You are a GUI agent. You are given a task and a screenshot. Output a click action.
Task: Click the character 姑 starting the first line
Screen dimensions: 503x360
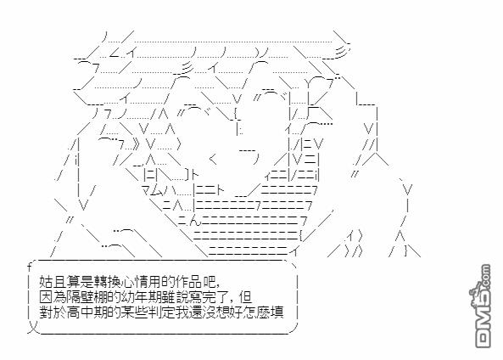pyautogui.click(x=46, y=282)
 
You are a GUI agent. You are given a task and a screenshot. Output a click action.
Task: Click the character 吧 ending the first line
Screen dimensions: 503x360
pyautogui.click(x=210, y=282)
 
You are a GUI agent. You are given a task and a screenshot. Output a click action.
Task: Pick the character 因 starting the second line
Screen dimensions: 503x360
pyautogui.click(x=46, y=297)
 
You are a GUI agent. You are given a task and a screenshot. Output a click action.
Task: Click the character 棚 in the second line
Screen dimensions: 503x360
pyautogui.click(x=101, y=297)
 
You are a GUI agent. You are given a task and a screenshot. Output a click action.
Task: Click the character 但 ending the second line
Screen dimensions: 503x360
pyautogui.click(x=245, y=297)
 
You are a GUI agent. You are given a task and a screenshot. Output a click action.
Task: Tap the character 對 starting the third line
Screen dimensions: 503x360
pyautogui.click(x=46, y=312)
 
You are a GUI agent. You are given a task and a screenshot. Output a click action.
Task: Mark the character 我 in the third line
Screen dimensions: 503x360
pyautogui.click(x=182, y=312)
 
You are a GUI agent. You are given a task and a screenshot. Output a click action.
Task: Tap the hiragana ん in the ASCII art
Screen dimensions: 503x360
pyautogui.click(x=196, y=221)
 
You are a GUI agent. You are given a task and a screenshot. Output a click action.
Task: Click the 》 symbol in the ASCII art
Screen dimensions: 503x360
pyautogui.click(x=136, y=144)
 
